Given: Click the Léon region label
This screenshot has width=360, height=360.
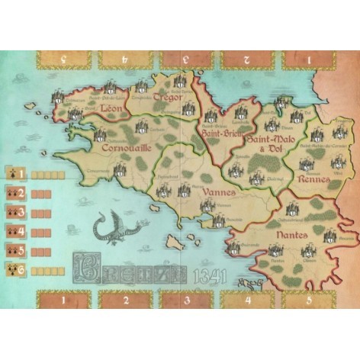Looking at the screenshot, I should (x=112, y=108).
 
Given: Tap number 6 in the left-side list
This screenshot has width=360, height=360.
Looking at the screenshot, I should (x=22, y=268).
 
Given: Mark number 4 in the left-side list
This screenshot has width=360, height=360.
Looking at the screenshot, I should (x=22, y=230).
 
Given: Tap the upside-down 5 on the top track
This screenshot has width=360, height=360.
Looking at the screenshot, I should (x=65, y=58).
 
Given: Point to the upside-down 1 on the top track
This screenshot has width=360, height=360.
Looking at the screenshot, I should (x=308, y=58).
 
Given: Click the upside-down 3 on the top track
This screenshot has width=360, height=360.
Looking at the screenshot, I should (x=186, y=58).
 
